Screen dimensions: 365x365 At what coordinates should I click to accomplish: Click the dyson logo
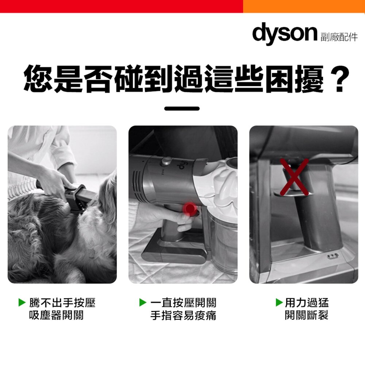click(284, 33)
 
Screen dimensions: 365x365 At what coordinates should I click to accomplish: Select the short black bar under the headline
click(182, 109)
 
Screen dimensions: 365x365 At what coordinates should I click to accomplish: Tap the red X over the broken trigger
click(294, 177)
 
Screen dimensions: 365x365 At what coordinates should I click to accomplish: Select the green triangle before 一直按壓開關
click(143, 303)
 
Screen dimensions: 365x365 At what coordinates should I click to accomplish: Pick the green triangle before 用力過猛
click(279, 303)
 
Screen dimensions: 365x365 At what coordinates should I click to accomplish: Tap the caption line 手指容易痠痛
click(183, 315)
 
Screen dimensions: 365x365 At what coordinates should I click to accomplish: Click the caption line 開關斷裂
click(306, 315)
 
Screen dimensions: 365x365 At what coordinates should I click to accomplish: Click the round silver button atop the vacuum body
click(167, 161)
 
